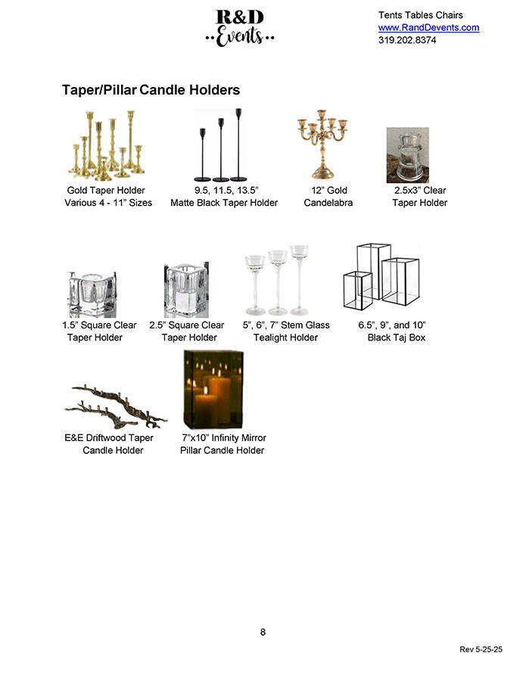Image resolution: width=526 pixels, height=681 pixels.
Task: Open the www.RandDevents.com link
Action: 428,28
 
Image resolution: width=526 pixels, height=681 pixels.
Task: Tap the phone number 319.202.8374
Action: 407,41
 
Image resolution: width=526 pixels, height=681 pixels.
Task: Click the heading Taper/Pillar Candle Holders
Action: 151,90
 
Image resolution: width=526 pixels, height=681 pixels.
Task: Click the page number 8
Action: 263,633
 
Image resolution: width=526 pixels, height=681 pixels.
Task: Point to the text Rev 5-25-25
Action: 481,650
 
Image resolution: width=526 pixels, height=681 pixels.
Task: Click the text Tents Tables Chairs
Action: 420,15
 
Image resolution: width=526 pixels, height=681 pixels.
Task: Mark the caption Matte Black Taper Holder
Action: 224,203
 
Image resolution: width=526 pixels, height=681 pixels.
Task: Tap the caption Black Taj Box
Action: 397,337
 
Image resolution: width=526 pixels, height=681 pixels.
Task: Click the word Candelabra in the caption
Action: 328,203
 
